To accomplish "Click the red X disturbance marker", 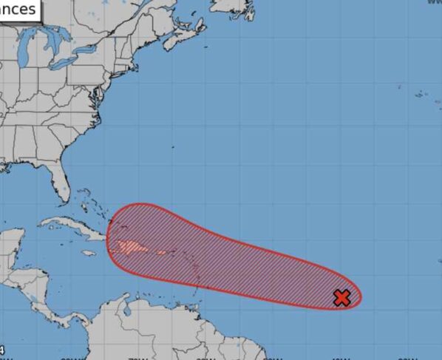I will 341,298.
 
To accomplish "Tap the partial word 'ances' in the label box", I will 18,10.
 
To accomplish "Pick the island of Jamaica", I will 89,253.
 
